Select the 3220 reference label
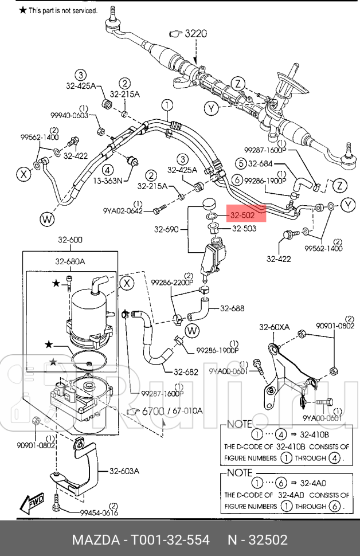[x=195, y=34]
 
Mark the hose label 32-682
[x=186, y=372]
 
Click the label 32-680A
[x=71, y=262]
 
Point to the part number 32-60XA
[x=275, y=327]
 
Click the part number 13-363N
[x=107, y=181]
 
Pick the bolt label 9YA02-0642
[x=123, y=211]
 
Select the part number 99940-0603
[x=69, y=115]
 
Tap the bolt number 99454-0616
[x=98, y=513]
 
